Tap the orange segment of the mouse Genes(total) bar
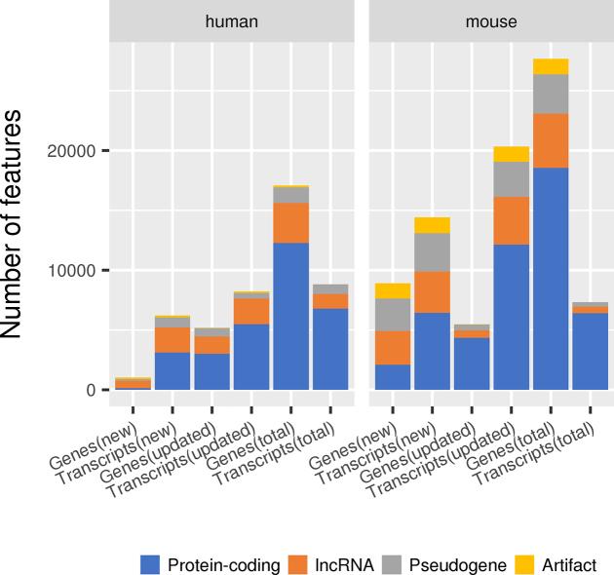click(551, 140)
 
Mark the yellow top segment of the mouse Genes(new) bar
click(393, 290)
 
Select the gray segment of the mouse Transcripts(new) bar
click(432, 252)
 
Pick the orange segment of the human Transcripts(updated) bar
click(251, 311)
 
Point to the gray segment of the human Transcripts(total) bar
click(330, 288)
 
